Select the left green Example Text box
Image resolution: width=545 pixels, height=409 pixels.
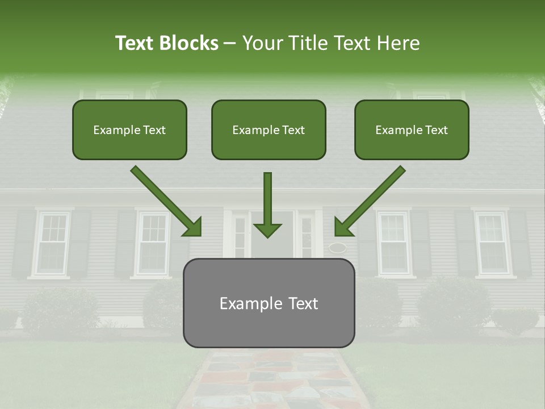coord(129,130)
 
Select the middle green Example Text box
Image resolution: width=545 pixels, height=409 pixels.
coord(269,130)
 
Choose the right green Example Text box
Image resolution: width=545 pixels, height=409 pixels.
coord(412,130)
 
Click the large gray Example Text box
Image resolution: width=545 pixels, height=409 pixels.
coord(269,303)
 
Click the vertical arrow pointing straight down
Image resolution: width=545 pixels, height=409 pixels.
coord(267,199)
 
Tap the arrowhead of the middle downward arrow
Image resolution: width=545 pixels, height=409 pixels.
coord(267,229)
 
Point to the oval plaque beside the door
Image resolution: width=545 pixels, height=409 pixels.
coord(337,247)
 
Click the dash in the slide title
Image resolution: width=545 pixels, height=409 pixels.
coord(230,43)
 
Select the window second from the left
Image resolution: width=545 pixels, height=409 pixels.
coord(153,243)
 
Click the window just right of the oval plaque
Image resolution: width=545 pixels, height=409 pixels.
coord(393,243)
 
